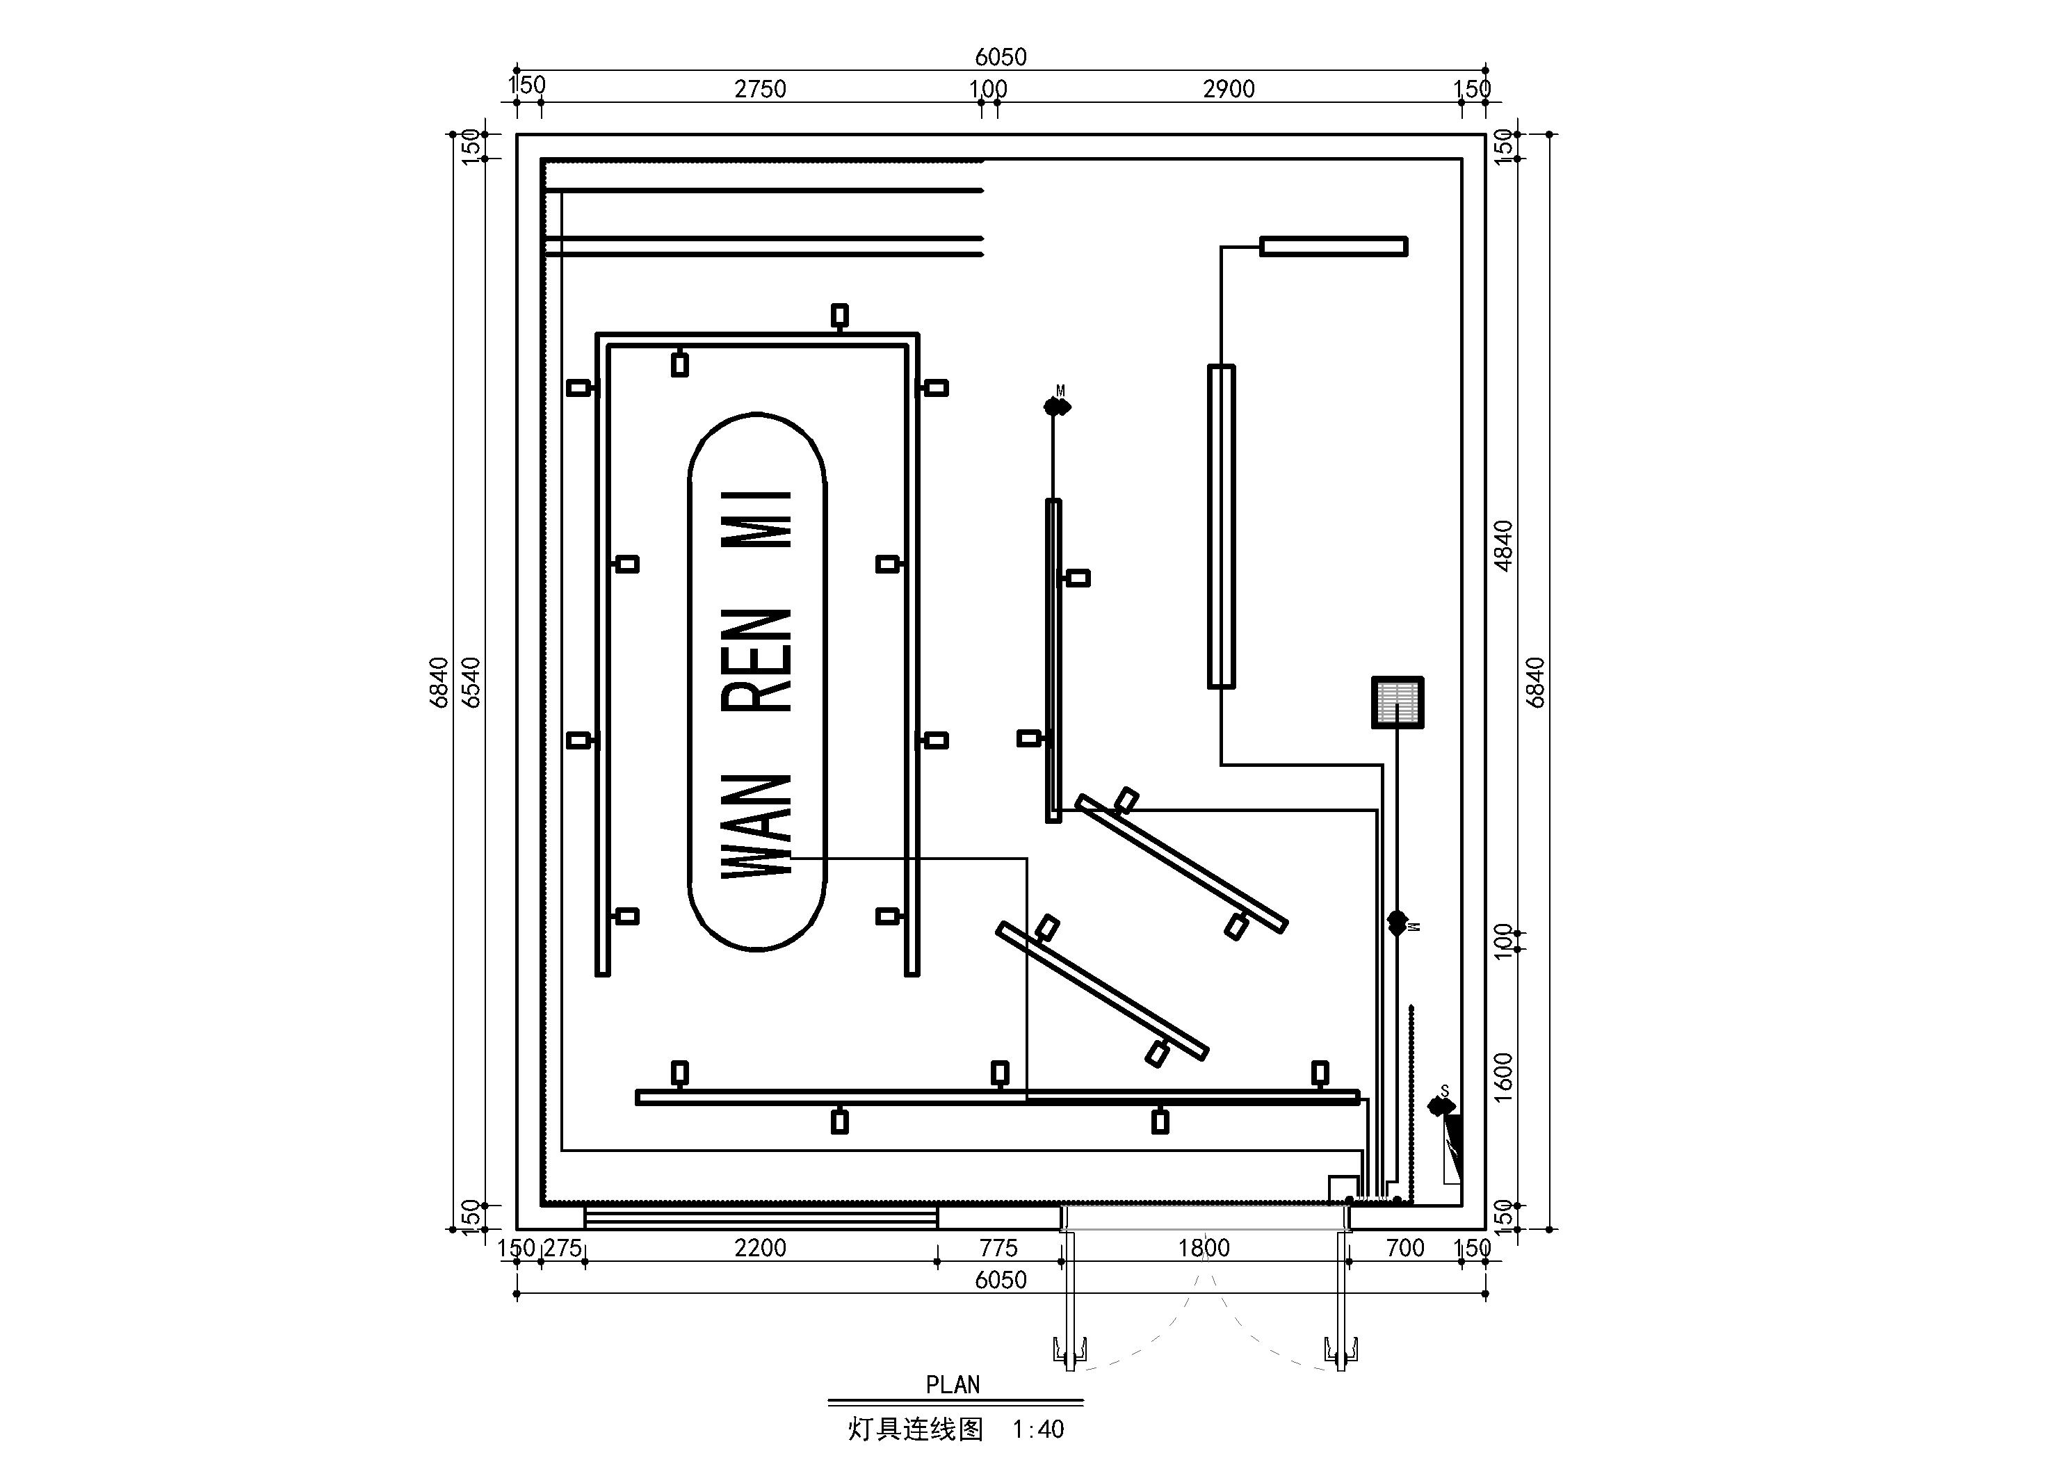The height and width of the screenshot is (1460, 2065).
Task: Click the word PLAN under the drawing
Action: (x=953, y=1384)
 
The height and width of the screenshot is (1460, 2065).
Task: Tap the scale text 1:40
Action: (x=1038, y=1429)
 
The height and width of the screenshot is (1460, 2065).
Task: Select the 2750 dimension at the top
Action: (x=760, y=89)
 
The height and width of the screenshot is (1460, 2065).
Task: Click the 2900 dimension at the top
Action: (x=1229, y=89)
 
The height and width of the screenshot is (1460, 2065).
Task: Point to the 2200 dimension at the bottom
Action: (x=760, y=1248)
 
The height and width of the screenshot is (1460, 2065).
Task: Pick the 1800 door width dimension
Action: (x=1204, y=1248)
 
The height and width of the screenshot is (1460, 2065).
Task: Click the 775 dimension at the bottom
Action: (x=998, y=1248)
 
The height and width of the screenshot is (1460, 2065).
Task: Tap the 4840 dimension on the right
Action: (x=1503, y=545)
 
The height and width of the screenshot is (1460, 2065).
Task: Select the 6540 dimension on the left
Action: (x=471, y=682)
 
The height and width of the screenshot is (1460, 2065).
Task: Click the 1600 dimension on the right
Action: (x=1503, y=1077)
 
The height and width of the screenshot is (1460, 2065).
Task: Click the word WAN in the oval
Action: (x=757, y=826)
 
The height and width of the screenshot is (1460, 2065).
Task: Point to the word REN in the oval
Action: (x=757, y=660)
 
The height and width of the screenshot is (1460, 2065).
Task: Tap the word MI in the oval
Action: (x=757, y=519)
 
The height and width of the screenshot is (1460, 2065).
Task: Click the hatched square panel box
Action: (x=1398, y=701)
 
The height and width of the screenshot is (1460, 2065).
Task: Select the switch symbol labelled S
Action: (x=1442, y=1105)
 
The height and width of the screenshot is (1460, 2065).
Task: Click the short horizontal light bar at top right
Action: (x=1334, y=247)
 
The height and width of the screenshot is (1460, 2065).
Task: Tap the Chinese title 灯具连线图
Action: (x=916, y=1429)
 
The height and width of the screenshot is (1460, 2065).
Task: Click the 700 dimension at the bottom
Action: (x=1405, y=1248)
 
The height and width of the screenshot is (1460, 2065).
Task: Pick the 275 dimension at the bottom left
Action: (x=563, y=1248)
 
